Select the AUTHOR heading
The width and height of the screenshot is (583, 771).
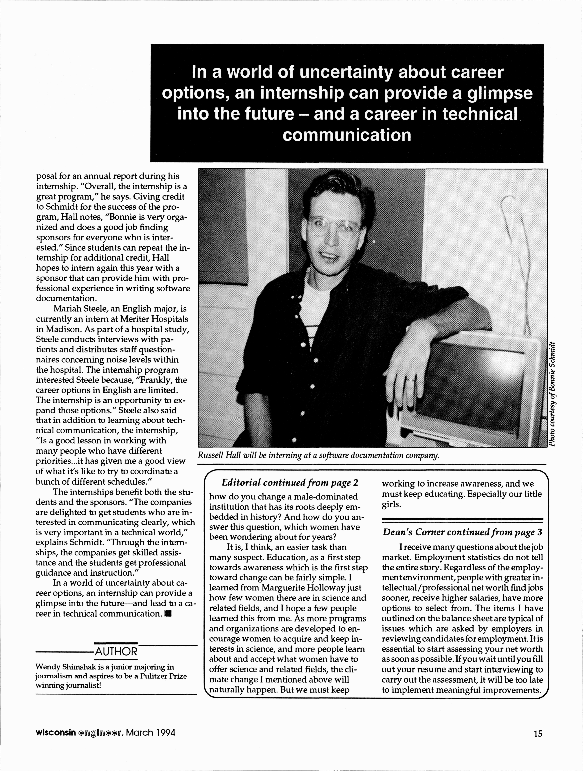pos(116,651)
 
